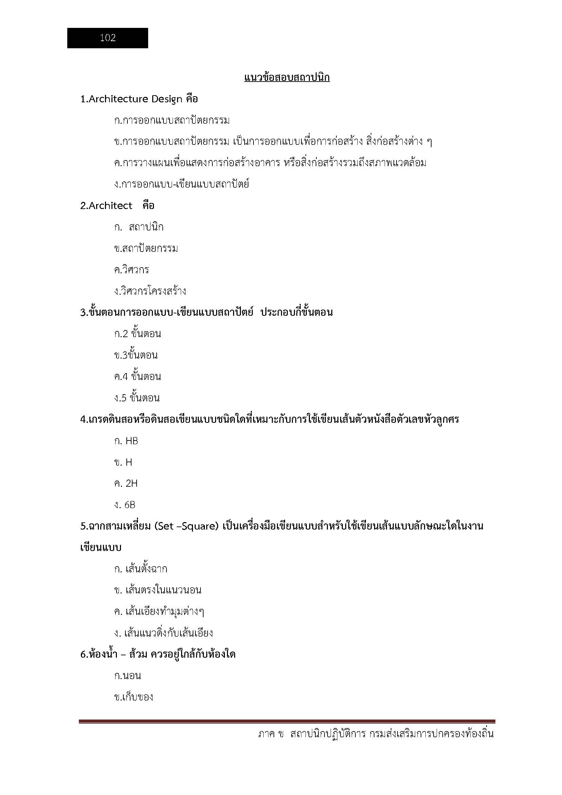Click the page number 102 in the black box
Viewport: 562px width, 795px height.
pos(108,38)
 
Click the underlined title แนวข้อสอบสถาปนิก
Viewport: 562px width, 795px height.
pos(286,77)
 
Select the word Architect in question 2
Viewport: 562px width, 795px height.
pos(110,206)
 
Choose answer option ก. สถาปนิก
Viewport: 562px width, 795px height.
pos(138,227)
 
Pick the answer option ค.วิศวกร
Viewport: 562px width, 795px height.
pos(131,270)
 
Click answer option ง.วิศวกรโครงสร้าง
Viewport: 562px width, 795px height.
pos(150,291)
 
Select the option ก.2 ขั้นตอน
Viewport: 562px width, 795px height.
pos(137,334)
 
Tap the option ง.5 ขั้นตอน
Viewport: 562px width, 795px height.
pos(137,398)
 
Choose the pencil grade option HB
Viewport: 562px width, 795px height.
pos(131,441)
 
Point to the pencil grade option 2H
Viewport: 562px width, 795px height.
pos(131,484)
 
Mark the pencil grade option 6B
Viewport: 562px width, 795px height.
pos(130,505)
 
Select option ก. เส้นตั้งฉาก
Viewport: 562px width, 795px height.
pos(141,569)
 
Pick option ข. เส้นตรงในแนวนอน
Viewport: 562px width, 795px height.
pos(157,590)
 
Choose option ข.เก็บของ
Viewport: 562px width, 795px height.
pos(134,697)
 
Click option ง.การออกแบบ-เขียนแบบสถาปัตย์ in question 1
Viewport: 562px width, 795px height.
pos(181,184)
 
